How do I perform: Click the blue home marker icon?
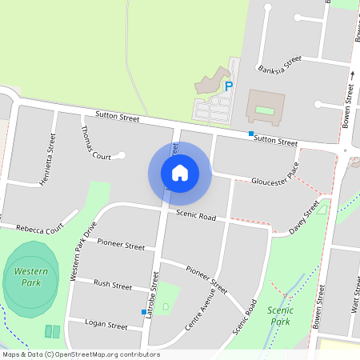click(180, 173)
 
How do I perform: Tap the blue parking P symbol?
click(228, 86)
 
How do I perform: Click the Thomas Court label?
click(94, 143)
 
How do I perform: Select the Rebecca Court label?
click(34, 230)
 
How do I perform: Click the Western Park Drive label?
click(82, 250)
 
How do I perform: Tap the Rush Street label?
click(113, 285)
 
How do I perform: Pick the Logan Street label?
click(106, 326)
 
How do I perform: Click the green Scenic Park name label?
click(280, 315)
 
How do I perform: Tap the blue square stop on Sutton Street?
click(251, 134)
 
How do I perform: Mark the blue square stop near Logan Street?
click(143, 311)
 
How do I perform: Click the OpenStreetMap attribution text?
click(81, 354)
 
